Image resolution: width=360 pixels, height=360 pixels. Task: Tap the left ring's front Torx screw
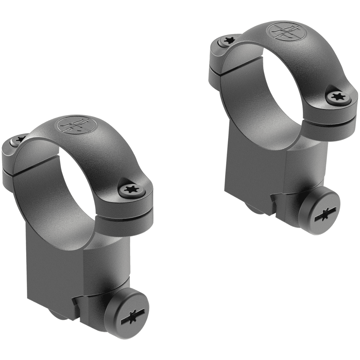[132, 190]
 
